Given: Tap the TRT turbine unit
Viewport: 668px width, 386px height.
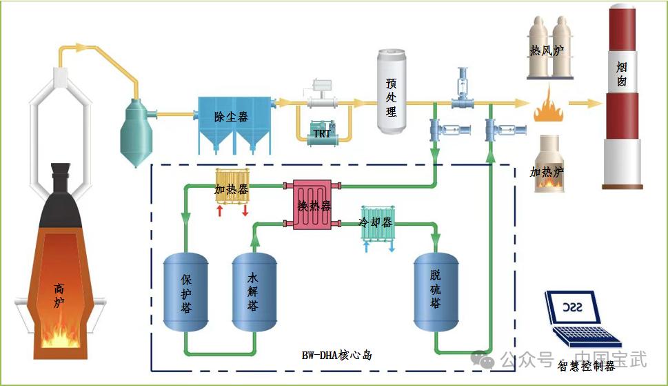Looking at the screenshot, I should pyautogui.click(x=322, y=134).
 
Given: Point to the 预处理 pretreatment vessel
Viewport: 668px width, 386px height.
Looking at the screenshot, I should pyautogui.click(x=391, y=93).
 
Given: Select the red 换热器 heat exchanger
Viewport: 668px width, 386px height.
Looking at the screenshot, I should pyautogui.click(x=314, y=204).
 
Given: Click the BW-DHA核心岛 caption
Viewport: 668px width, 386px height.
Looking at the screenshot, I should pyautogui.click(x=336, y=356).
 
